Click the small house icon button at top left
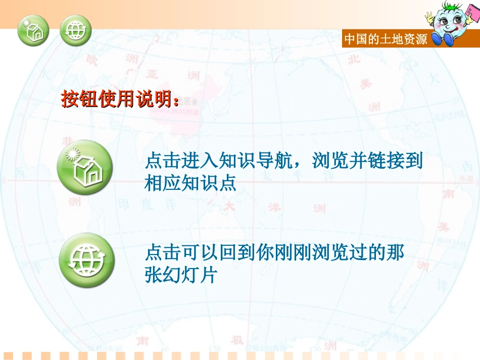(33, 30)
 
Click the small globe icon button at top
(76, 30)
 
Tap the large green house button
(86, 168)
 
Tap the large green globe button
(86, 261)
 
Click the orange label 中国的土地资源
(386, 39)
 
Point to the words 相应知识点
(190, 183)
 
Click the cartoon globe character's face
(451, 22)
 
